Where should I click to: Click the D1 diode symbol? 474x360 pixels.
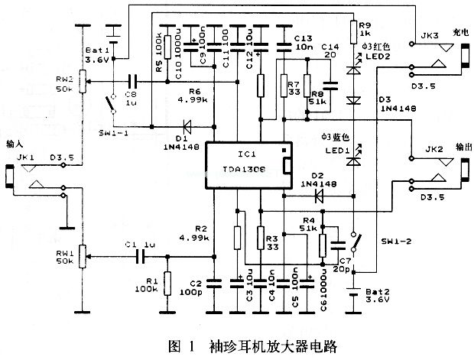[183, 127]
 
